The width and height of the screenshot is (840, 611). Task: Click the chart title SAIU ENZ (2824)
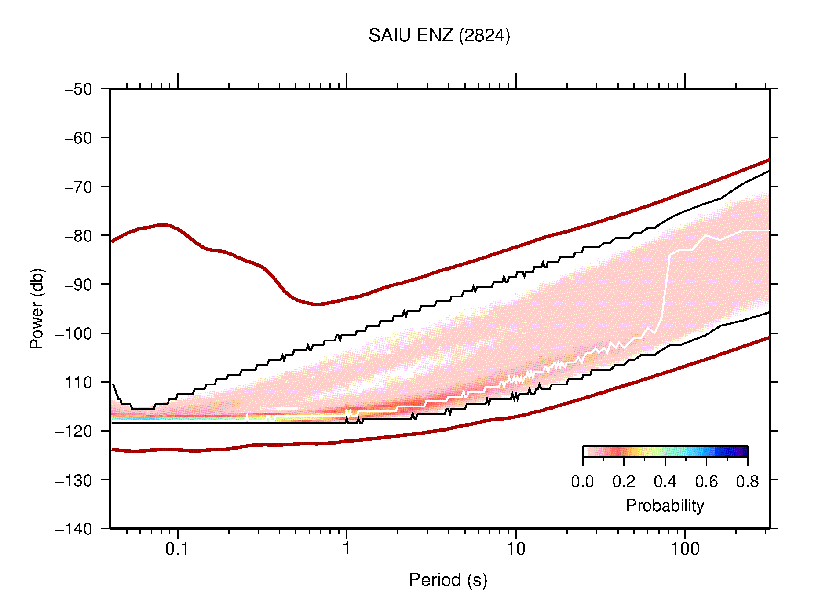point(439,36)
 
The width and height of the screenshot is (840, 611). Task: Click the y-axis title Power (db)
point(37,308)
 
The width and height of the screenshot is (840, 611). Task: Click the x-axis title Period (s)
point(448,580)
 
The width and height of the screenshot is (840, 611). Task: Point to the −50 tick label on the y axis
point(78,89)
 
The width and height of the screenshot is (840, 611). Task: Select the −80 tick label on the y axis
point(78,236)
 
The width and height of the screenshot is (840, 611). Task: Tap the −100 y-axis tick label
point(74,333)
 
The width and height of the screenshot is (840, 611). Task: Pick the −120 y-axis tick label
point(74,431)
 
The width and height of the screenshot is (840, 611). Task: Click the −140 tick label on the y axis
point(74,529)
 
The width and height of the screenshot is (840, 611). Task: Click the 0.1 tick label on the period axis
point(177,549)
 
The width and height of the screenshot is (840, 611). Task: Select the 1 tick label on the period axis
point(347,549)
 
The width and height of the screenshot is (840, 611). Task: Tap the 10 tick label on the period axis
point(515,549)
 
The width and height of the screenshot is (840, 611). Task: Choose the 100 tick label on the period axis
point(685,549)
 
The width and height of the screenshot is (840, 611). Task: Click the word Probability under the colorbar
point(665,505)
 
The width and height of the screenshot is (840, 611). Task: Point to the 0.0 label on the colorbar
point(582,482)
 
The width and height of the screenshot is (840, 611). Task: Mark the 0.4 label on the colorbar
point(665,482)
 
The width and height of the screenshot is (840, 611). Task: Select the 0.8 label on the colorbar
point(747,482)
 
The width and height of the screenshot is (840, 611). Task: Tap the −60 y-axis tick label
point(78,138)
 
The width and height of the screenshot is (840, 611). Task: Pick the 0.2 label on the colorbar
point(624,482)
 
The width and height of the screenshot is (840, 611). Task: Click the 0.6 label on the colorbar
point(706,482)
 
